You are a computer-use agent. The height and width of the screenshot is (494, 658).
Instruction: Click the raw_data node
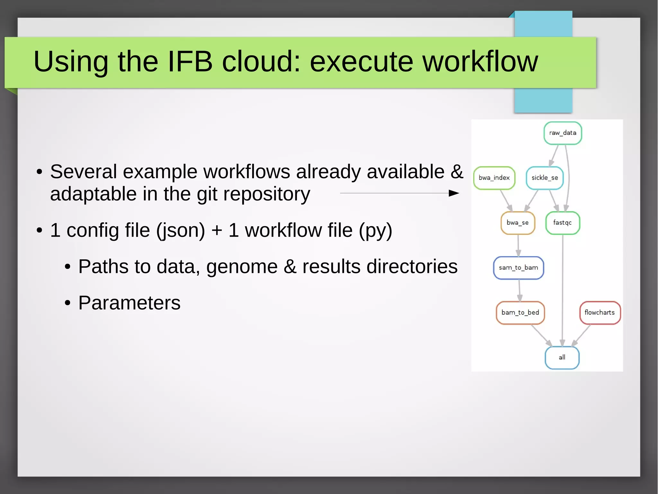pyautogui.click(x=563, y=133)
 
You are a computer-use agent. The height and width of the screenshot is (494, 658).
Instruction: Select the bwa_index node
pyautogui.click(x=494, y=178)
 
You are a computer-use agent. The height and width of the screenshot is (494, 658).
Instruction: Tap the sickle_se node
pyautogui.click(x=545, y=178)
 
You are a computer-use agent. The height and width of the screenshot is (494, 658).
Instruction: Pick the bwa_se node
pyautogui.click(x=518, y=223)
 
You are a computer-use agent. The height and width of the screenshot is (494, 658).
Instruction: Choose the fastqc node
pyautogui.click(x=563, y=223)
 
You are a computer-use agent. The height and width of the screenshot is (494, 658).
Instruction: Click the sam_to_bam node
pyautogui.click(x=518, y=268)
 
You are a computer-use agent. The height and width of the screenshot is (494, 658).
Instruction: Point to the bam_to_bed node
pyautogui.click(x=520, y=312)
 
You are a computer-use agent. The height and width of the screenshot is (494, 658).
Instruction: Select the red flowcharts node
pyautogui.click(x=600, y=312)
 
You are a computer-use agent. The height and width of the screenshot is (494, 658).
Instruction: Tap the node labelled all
pyautogui.click(x=562, y=358)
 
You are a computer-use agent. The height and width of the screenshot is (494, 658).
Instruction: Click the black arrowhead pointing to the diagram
pyautogui.click(x=454, y=193)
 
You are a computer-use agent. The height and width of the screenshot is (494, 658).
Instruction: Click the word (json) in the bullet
pyautogui.click(x=181, y=230)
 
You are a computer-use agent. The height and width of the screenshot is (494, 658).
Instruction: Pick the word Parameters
pyautogui.click(x=129, y=303)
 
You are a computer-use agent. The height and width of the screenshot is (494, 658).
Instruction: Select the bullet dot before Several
pyautogui.click(x=39, y=172)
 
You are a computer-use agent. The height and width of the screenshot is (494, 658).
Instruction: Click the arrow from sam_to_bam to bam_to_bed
pyautogui.click(x=519, y=290)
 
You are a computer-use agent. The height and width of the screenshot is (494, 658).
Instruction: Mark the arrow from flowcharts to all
pyautogui.click(x=582, y=335)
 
